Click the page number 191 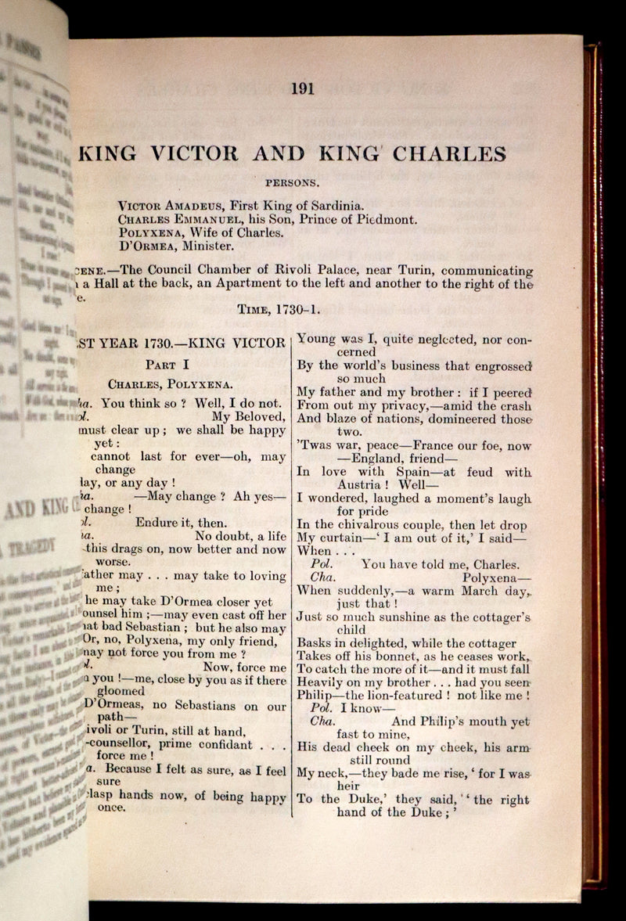click(x=302, y=88)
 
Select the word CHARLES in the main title click(x=449, y=153)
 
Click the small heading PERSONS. click(x=292, y=184)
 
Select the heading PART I click(x=167, y=365)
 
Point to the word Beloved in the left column click(x=258, y=417)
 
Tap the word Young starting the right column click(x=317, y=339)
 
